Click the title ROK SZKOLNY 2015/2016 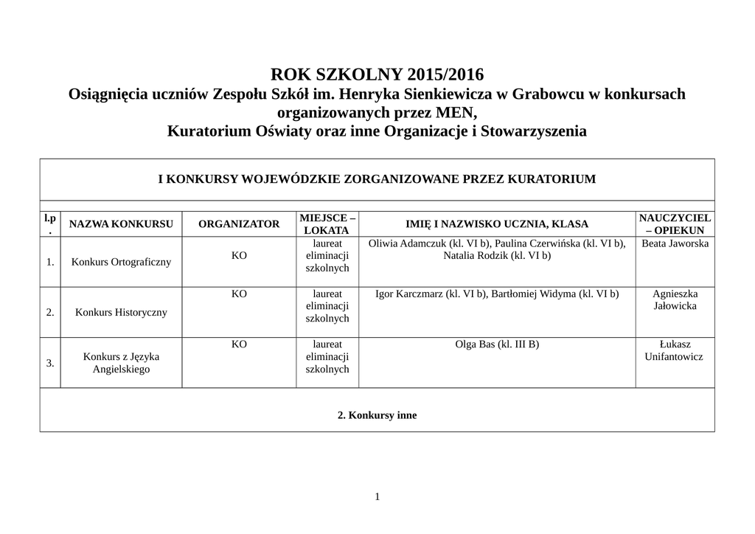pyautogui.click(x=377, y=74)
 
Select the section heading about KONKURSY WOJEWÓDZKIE pyautogui.click(x=377, y=179)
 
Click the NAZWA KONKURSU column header pyautogui.click(x=121, y=224)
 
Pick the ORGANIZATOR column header pyautogui.click(x=239, y=224)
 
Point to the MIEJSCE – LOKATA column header pyautogui.click(x=327, y=224)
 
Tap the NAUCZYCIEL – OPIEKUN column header pyautogui.click(x=675, y=224)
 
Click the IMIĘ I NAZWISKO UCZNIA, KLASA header pyautogui.click(x=497, y=224)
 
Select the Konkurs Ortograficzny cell pyautogui.click(x=121, y=262)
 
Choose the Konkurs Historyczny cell pyautogui.click(x=121, y=312)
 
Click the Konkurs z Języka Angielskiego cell pyautogui.click(x=121, y=363)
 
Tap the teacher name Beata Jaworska pyautogui.click(x=675, y=243)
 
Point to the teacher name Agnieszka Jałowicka pyautogui.click(x=675, y=299)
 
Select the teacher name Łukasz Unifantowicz pyautogui.click(x=675, y=350)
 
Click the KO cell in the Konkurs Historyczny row pyautogui.click(x=239, y=294)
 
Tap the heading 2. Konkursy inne pyautogui.click(x=377, y=415)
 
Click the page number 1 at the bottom pyautogui.click(x=377, y=496)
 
